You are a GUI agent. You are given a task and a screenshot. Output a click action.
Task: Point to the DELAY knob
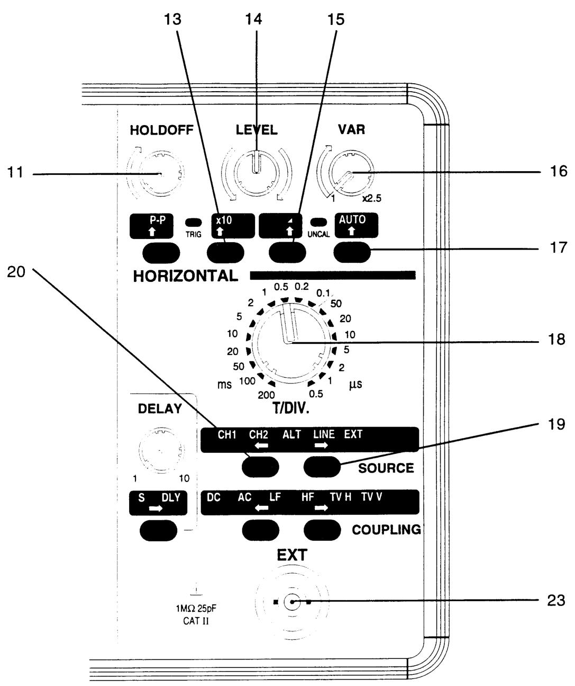160,450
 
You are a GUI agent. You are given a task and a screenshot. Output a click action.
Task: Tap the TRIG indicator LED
194,222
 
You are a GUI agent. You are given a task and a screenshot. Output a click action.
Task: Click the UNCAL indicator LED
318,222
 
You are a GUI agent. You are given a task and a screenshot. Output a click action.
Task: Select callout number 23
556,601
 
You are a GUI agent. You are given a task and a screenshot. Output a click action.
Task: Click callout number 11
15,172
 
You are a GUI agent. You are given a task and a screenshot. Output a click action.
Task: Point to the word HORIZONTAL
186,275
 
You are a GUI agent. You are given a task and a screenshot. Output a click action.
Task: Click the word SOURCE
386,468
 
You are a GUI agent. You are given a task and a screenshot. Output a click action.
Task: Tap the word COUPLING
386,530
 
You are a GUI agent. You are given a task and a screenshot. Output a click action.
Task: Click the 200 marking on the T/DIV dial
266,395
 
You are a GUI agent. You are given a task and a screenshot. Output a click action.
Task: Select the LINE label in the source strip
324,434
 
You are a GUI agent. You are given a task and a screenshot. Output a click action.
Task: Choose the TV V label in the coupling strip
371,497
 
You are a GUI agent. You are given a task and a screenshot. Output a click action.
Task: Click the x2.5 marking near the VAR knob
371,198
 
